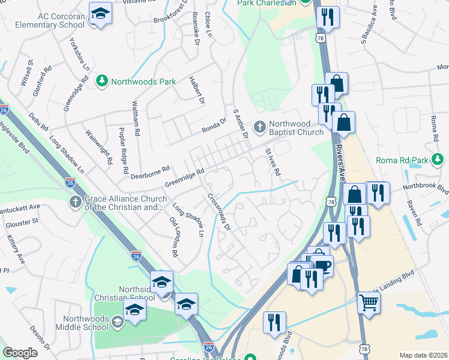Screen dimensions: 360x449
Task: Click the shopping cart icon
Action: [369, 302]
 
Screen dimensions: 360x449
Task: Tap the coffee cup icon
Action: [322, 265]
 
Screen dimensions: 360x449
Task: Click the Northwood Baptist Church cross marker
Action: [260, 127]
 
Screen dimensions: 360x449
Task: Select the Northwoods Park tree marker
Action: [102, 80]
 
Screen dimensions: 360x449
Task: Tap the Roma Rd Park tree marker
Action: [438, 160]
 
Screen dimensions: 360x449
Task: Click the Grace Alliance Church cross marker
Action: [75, 202]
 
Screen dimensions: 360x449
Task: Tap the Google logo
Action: [20, 353]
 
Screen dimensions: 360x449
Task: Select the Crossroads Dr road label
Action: [219, 211]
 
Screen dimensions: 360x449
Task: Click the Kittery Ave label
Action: [17, 250]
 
